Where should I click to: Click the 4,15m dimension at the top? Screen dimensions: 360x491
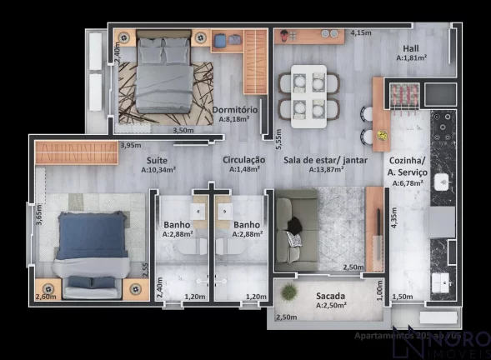[360, 33]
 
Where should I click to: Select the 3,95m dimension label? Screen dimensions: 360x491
[130, 146]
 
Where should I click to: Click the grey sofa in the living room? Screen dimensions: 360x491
[296, 229]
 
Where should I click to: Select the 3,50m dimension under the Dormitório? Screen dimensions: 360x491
[183, 131]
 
